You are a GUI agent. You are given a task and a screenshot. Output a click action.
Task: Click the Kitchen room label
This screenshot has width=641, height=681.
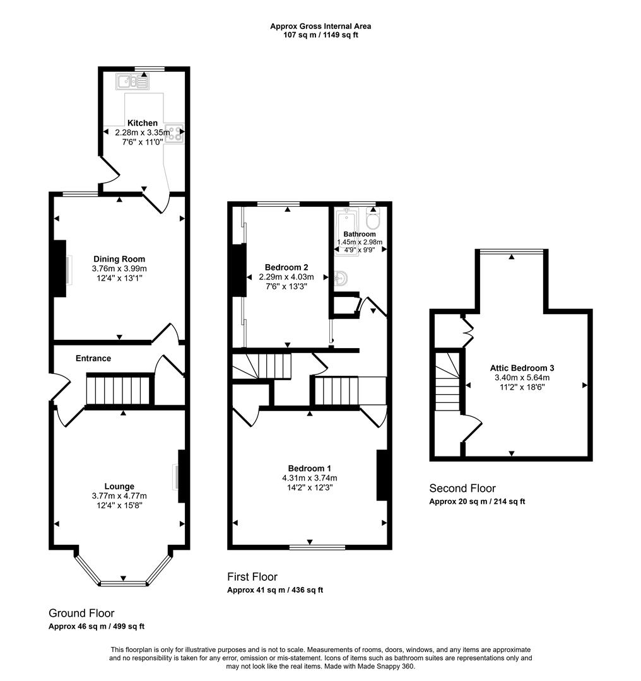(143, 123)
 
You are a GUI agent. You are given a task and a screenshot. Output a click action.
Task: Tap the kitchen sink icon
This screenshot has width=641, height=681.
(132, 81)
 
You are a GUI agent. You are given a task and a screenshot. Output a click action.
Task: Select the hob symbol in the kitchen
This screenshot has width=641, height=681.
(174, 132)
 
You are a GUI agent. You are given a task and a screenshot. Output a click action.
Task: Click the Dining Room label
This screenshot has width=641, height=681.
(119, 259)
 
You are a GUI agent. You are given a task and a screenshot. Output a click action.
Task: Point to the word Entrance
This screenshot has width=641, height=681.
(93, 358)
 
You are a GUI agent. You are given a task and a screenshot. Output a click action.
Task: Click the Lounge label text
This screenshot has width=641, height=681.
(119, 486)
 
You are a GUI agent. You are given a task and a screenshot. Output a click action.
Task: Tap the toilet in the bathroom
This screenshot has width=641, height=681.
(372, 221)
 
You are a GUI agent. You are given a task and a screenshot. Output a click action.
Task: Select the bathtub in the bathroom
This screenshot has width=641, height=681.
(346, 230)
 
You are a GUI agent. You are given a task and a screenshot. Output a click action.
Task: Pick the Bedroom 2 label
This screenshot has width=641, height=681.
(287, 267)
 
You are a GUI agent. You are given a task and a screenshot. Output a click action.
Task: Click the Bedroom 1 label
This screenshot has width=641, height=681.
(310, 468)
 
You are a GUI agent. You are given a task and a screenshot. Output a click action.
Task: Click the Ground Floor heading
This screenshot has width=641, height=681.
(81, 613)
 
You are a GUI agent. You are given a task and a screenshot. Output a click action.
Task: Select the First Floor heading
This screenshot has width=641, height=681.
(252, 577)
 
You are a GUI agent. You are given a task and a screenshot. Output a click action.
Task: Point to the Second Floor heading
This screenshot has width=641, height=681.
(462, 488)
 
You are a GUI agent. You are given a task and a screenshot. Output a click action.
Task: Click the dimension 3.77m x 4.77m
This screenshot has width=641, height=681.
(119, 496)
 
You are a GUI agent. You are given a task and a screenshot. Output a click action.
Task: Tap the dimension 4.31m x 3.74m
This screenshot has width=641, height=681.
(310, 477)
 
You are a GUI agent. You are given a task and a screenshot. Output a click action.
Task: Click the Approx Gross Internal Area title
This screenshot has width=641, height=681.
(320, 26)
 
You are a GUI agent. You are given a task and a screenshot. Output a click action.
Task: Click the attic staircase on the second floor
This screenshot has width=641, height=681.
(447, 381)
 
